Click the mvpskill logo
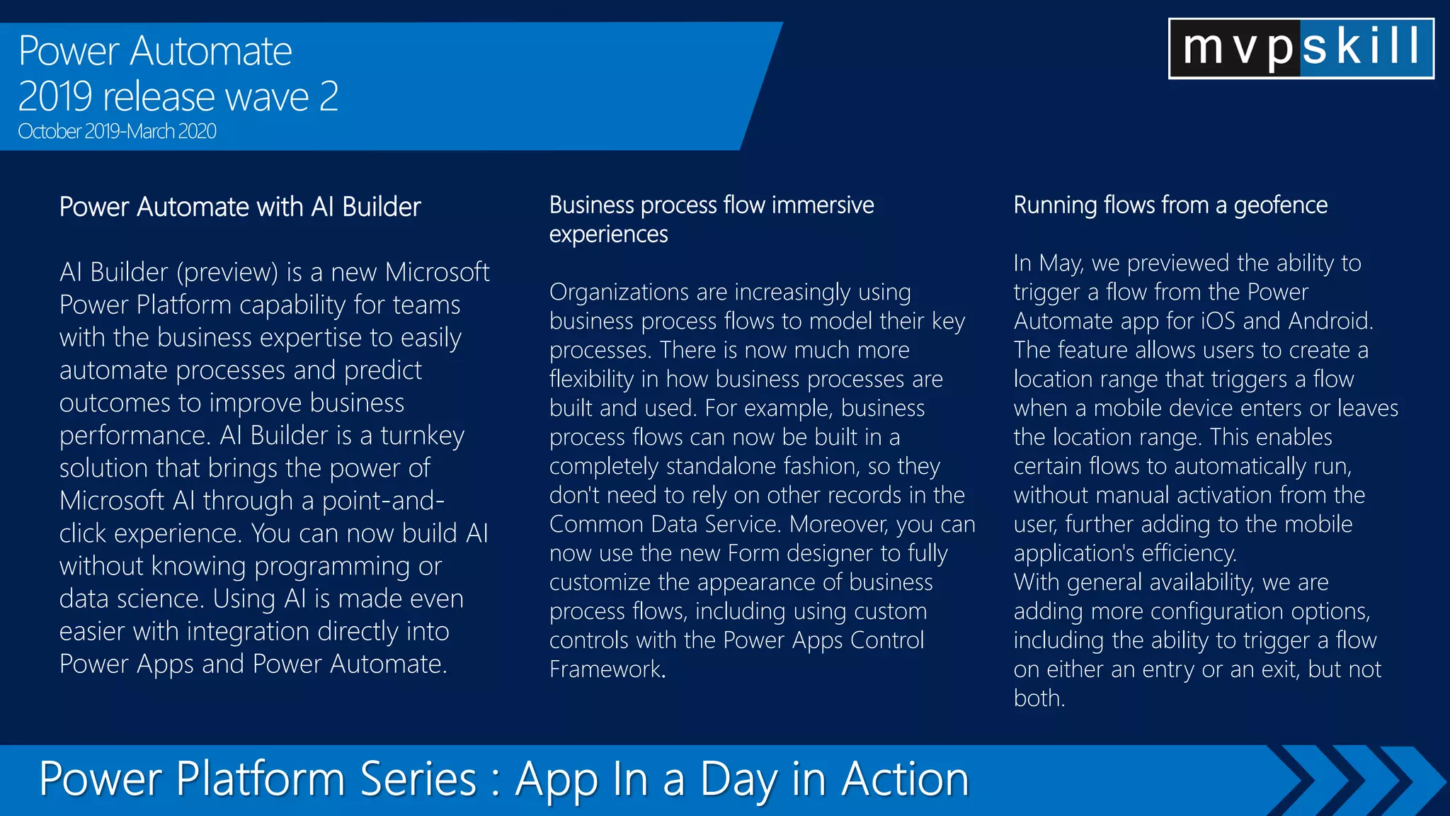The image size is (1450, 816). coord(1301,48)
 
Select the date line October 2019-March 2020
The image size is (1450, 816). coord(117,132)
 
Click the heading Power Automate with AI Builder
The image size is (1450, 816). coord(240,207)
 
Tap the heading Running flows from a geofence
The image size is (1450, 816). coord(1170,205)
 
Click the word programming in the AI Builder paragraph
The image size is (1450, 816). coord(332,567)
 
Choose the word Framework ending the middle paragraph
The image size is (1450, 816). coord(605,669)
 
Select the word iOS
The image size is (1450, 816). coord(1217,321)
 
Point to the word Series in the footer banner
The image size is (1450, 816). coord(417,778)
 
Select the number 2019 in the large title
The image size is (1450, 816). coord(55,97)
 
